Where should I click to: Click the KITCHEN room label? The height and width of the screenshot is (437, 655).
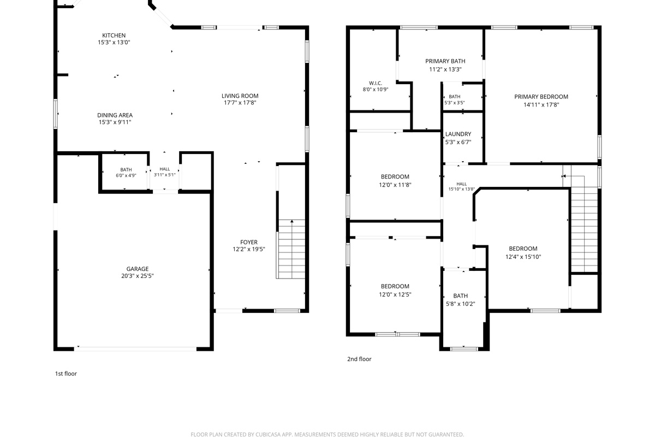click(x=114, y=36)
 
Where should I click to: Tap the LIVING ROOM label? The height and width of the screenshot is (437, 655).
click(x=240, y=96)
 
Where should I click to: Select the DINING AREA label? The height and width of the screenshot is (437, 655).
click(x=115, y=115)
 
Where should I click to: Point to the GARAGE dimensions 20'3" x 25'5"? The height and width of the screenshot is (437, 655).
click(x=138, y=276)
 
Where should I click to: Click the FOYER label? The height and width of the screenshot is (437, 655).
click(x=249, y=242)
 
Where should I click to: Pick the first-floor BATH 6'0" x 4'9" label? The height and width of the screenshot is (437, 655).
click(x=126, y=173)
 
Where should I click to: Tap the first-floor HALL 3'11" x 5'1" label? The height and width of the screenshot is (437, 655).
click(x=165, y=172)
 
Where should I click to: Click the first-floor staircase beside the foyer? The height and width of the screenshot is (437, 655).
click(x=291, y=249)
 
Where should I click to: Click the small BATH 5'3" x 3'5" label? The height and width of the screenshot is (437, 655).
click(x=454, y=99)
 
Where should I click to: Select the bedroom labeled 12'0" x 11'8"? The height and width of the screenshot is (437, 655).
click(x=395, y=181)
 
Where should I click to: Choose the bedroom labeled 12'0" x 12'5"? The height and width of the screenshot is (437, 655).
click(x=395, y=291)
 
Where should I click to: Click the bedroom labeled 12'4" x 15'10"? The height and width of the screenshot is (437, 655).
click(x=523, y=252)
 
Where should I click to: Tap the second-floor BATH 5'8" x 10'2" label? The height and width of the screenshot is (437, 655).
click(x=461, y=300)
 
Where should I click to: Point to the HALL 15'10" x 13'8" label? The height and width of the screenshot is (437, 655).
click(x=461, y=186)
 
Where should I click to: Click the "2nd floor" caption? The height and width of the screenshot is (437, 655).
click(x=359, y=359)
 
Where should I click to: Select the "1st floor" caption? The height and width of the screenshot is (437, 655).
click(x=66, y=374)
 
